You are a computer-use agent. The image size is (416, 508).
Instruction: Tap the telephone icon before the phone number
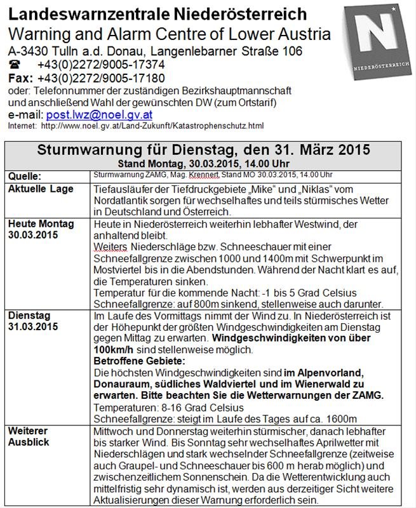click(x=15, y=65)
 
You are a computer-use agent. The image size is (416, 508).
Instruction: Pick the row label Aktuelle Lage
click(x=40, y=189)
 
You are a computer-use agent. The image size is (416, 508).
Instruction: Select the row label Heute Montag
click(x=41, y=224)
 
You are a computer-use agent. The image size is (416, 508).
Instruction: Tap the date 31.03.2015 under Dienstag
click(x=32, y=328)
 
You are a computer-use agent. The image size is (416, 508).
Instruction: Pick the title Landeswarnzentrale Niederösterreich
click(x=158, y=13)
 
